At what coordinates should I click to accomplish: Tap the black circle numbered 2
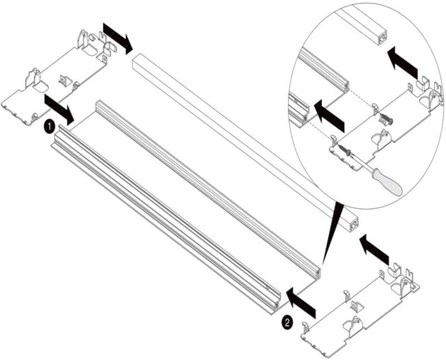286,321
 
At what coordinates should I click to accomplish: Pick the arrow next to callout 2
302,301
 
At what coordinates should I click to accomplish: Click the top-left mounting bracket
59,77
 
